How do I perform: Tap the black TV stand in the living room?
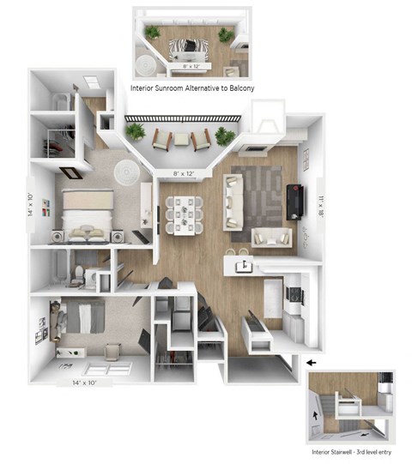pyautogui.click(x=294, y=201)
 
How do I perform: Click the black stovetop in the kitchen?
pyautogui.click(x=294, y=294)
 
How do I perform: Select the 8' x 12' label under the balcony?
pyautogui.click(x=188, y=175)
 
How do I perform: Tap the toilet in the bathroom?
pyautogui.click(x=77, y=274)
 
